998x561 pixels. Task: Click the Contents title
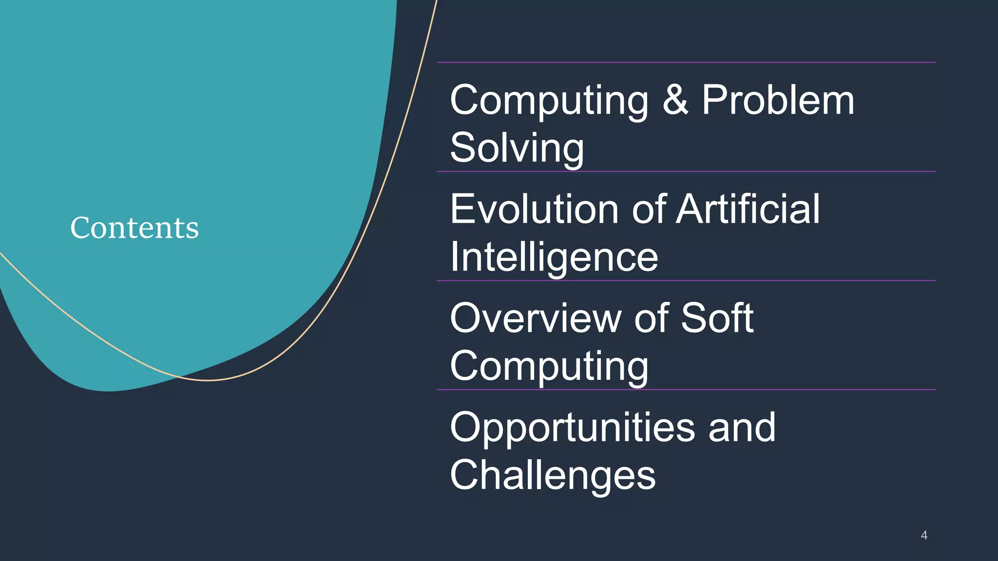click(134, 227)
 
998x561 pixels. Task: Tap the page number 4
click(924, 536)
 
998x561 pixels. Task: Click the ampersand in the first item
click(675, 100)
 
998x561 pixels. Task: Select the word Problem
click(778, 100)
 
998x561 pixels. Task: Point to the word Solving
click(517, 148)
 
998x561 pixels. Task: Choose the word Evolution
click(534, 209)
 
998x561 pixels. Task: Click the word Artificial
click(748, 209)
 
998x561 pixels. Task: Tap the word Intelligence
click(554, 258)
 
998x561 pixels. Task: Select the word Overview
click(535, 318)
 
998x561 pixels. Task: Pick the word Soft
click(717, 318)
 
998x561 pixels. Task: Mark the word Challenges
click(553, 475)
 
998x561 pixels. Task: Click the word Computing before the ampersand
click(549, 101)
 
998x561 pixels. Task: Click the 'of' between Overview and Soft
click(652, 318)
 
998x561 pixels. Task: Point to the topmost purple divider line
click(686, 62)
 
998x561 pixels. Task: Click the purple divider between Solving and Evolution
click(686, 171)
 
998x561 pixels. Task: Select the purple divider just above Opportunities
click(686, 390)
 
